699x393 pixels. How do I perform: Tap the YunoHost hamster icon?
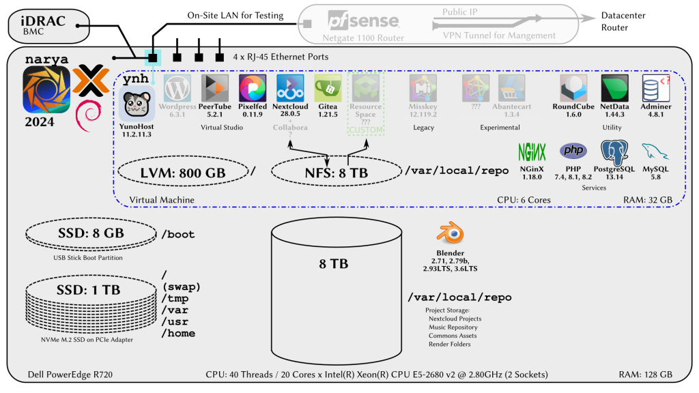137,104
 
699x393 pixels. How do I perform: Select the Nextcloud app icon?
290,89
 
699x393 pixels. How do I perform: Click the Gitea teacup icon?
328,89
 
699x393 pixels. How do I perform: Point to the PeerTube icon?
215,89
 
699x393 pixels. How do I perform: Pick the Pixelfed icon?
253,89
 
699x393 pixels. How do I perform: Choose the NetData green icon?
614,89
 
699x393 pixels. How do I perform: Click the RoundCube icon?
574,89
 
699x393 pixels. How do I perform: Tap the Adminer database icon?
656,89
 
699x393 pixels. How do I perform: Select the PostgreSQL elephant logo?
614,151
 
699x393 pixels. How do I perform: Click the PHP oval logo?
573,150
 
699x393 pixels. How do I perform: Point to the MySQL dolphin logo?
655,151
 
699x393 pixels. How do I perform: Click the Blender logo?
451,234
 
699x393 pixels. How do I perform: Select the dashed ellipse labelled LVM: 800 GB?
182,173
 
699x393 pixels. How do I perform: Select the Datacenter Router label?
623,21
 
